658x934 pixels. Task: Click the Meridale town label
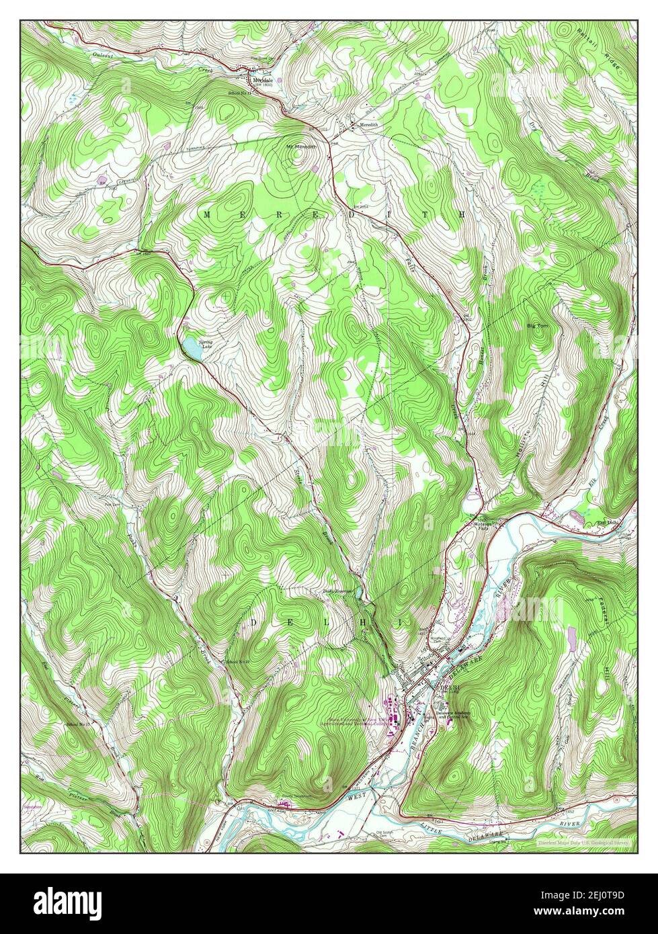[263, 77]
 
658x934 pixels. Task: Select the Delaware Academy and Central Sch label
[452, 716]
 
